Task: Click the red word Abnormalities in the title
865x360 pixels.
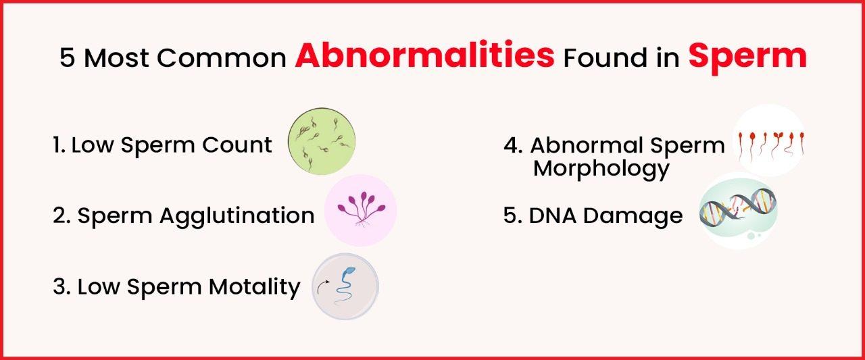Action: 424,57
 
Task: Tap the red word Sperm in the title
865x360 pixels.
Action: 747,57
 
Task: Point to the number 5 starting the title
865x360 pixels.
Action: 67,58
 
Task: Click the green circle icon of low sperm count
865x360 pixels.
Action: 321,143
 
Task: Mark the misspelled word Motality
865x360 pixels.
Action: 254,286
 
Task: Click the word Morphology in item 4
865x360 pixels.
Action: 601,168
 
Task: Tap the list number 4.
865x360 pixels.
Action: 511,145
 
